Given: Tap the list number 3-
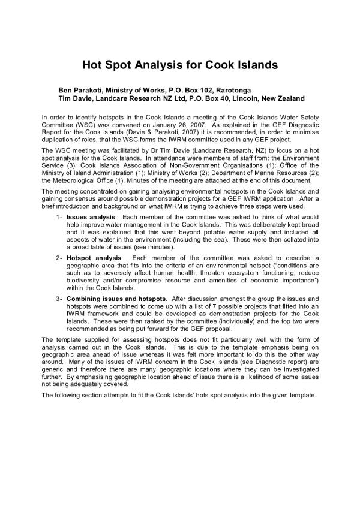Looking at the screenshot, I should point(59,299).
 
